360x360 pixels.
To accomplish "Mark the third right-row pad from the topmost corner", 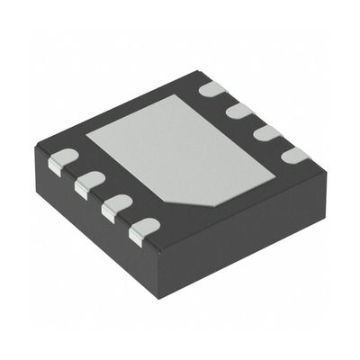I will pyautogui.click(x=267, y=132).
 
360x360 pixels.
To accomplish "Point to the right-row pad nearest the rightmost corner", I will pyautogui.click(x=294, y=155).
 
